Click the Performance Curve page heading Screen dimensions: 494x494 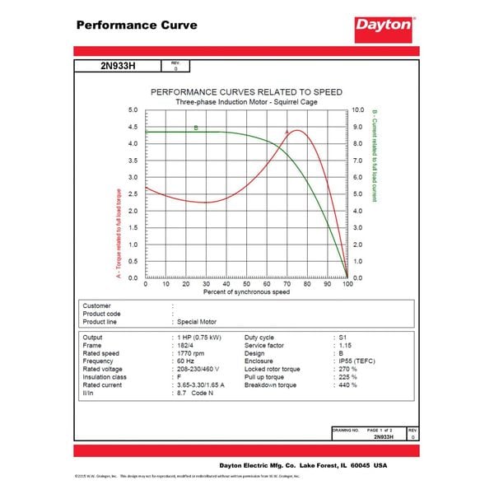137,25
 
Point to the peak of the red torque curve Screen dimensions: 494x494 296,130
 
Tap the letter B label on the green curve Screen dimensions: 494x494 196,128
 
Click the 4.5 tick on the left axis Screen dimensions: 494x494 133,127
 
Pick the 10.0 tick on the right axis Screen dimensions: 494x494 358,110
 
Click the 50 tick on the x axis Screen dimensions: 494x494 247,284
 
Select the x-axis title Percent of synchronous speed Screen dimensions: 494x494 246,292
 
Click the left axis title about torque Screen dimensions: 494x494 119,234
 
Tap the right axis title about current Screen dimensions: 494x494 375,156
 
